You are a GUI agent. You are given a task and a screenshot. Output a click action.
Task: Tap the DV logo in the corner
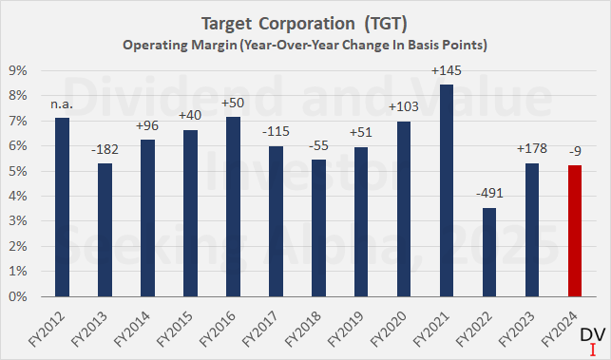[x=591, y=339]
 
